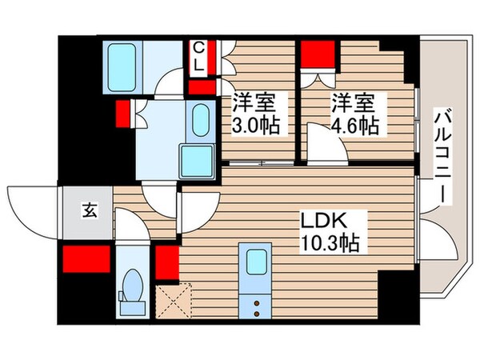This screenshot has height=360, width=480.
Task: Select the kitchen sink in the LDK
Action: pos(258,262)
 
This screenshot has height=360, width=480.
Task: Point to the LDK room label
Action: pos(322,219)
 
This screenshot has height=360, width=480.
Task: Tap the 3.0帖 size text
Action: pos(255,126)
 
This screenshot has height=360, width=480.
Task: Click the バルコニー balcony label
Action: pos(442,157)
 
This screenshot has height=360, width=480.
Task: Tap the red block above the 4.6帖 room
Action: pos(318,55)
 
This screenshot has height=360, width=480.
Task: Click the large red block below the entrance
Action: pos(86,258)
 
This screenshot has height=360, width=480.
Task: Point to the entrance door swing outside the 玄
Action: pos(32,210)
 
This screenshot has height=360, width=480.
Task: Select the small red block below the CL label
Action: pos(201,87)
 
